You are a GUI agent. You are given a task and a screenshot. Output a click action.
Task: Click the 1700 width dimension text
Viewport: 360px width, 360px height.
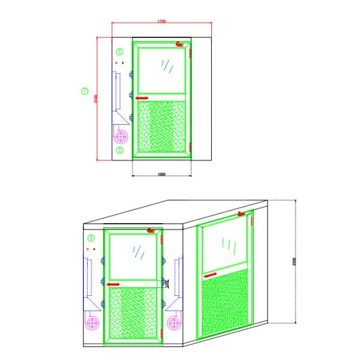pyautogui.click(x=162, y=22)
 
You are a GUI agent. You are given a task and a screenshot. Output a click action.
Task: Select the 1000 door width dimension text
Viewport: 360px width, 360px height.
pyautogui.click(x=161, y=174)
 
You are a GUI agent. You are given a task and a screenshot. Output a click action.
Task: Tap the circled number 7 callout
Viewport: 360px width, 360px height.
pyautogui.click(x=85, y=92)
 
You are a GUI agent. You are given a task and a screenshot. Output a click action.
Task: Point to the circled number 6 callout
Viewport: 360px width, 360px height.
pyautogui.click(x=119, y=52)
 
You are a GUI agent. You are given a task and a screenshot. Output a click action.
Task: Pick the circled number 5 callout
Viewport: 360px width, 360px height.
pyautogui.click(x=119, y=151)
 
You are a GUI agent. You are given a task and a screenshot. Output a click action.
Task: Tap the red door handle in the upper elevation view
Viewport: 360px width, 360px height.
pyautogui.click(x=142, y=98)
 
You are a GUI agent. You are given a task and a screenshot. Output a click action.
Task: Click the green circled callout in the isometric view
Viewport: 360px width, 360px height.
pyautogui.click(x=91, y=238)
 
